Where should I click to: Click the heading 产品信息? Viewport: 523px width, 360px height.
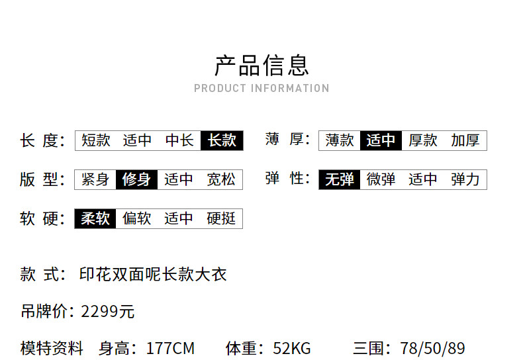tap(262, 66)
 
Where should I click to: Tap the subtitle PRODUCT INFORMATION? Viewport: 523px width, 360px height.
tap(262, 88)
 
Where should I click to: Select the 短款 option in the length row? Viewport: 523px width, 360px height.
tap(96, 140)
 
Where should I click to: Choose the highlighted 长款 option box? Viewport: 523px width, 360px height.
tap(222, 140)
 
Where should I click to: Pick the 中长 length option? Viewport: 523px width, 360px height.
tap(179, 140)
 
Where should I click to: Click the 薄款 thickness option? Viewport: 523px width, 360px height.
tap(340, 140)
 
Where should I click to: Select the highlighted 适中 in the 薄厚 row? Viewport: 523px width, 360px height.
tap(381, 140)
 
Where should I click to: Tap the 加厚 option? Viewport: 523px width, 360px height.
tap(465, 140)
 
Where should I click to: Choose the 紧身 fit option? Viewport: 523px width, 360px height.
tap(95, 179)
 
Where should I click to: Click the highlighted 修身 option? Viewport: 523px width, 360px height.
tap(136, 179)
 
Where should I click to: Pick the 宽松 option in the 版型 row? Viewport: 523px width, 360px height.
tap(221, 179)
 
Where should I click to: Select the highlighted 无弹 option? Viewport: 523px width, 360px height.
tap(340, 179)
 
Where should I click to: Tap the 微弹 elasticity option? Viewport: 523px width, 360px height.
tap(381, 179)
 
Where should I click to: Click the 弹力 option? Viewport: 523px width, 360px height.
tap(465, 179)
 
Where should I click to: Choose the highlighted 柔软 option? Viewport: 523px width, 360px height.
tap(95, 218)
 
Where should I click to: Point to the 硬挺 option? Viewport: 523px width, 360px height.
tap(221, 218)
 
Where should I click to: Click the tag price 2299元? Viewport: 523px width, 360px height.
tap(107, 312)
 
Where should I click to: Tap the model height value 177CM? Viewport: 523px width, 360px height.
tap(170, 348)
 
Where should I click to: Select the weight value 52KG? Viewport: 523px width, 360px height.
tap(292, 348)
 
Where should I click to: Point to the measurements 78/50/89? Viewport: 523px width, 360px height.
tap(432, 348)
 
